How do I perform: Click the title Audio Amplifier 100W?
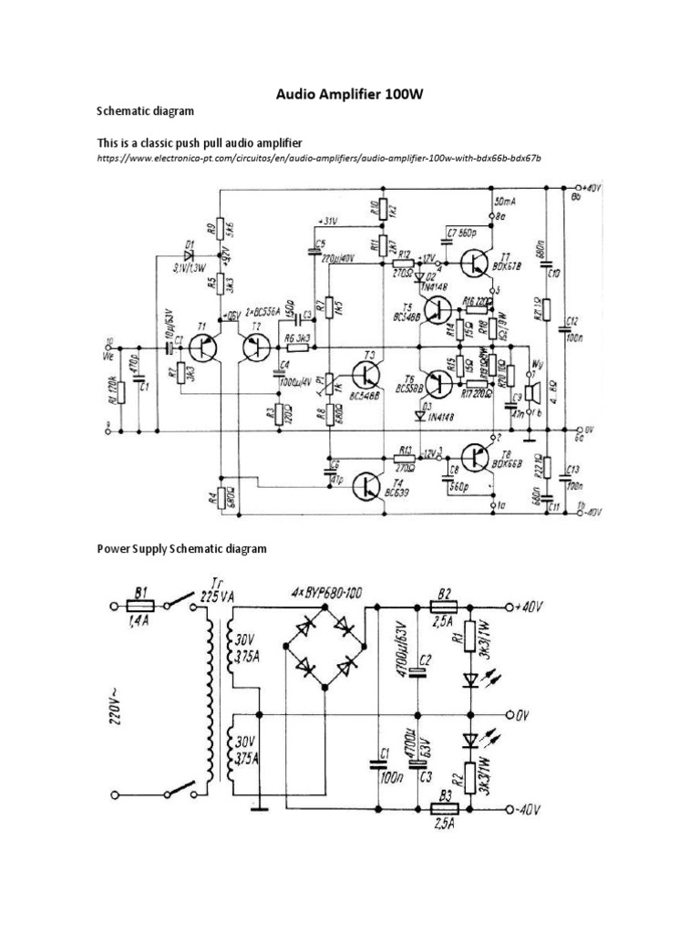tap(349, 94)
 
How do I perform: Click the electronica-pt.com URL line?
tap(319, 159)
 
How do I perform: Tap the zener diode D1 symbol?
tap(189, 255)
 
